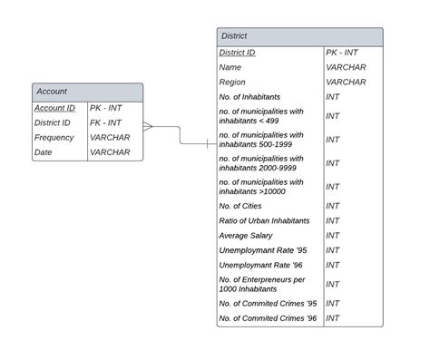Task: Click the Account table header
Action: (87, 92)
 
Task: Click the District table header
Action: (299, 36)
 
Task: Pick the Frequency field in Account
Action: (54, 137)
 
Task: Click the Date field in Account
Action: (44, 152)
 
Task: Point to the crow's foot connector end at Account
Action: (148, 126)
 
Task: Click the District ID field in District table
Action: (237, 53)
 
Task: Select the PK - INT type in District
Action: (345, 53)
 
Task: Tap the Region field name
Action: (232, 82)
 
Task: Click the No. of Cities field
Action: (240, 206)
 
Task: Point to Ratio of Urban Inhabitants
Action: (264, 220)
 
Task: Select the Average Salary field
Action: (246, 235)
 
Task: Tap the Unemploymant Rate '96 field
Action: (259, 265)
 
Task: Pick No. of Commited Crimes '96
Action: (268, 318)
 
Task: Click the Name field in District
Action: (230, 67)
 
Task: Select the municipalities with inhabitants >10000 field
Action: (261, 186)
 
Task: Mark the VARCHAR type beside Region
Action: (346, 82)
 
